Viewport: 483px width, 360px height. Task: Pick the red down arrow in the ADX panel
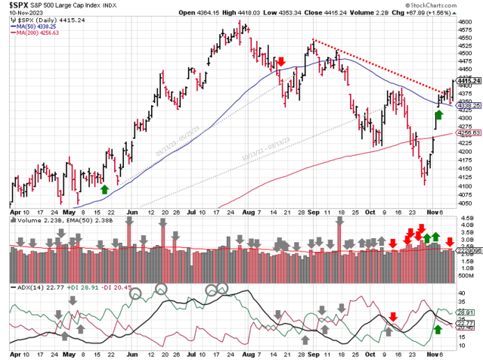pos(393,316)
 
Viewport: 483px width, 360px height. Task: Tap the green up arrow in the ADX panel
pos(438,330)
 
